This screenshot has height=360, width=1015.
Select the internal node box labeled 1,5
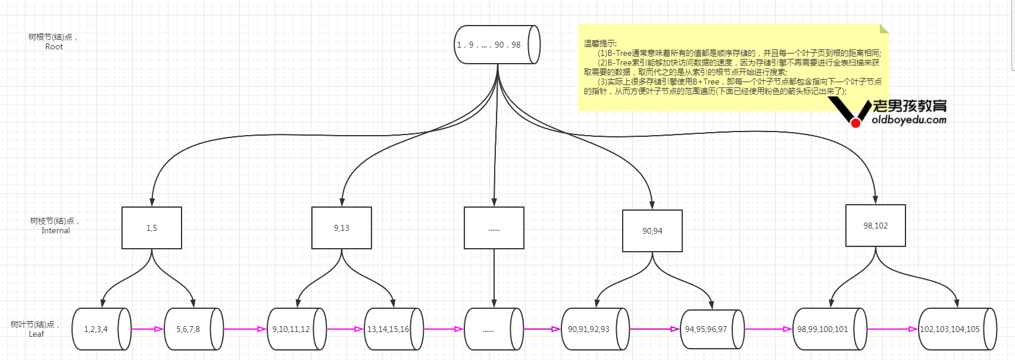pyautogui.click(x=152, y=228)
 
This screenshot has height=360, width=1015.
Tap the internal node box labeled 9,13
pyautogui.click(x=342, y=228)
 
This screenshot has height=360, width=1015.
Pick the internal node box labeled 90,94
pyautogui.click(x=652, y=231)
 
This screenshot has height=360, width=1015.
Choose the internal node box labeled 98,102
pyautogui.click(x=876, y=226)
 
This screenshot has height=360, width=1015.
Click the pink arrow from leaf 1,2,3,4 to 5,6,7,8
pyautogui.click(x=147, y=329)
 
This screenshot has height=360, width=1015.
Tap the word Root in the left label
pyautogui.click(x=54, y=47)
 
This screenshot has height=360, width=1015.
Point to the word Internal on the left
pyautogui.click(x=56, y=231)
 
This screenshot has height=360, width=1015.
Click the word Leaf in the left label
pyautogui.click(x=36, y=334)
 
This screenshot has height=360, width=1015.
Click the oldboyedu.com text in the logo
pyautogui.click(x=909, y=120)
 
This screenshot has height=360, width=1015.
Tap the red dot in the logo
pyautogui.click(x=856, y=123)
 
